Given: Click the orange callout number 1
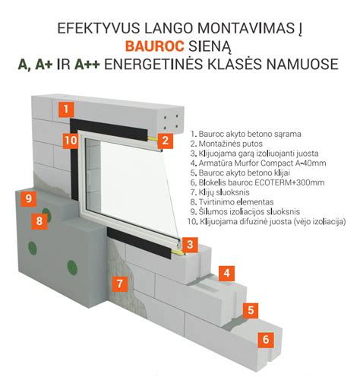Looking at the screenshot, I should pyautogui.click(x=69, y=109).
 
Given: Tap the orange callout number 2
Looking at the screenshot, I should pyautogui.click(x=166, y=140).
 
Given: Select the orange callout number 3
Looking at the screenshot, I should pyautogui.click(x=193, y=245).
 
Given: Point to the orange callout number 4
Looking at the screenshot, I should pyautogui.click(x=225, y=273).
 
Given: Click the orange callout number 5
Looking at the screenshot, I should pyautogui.click(x=248, y=309).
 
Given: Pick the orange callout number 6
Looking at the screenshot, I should pyautogui.click(x=265, y=340).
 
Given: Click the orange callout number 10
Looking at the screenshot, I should pyautogui.click(x=69, y=140).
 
